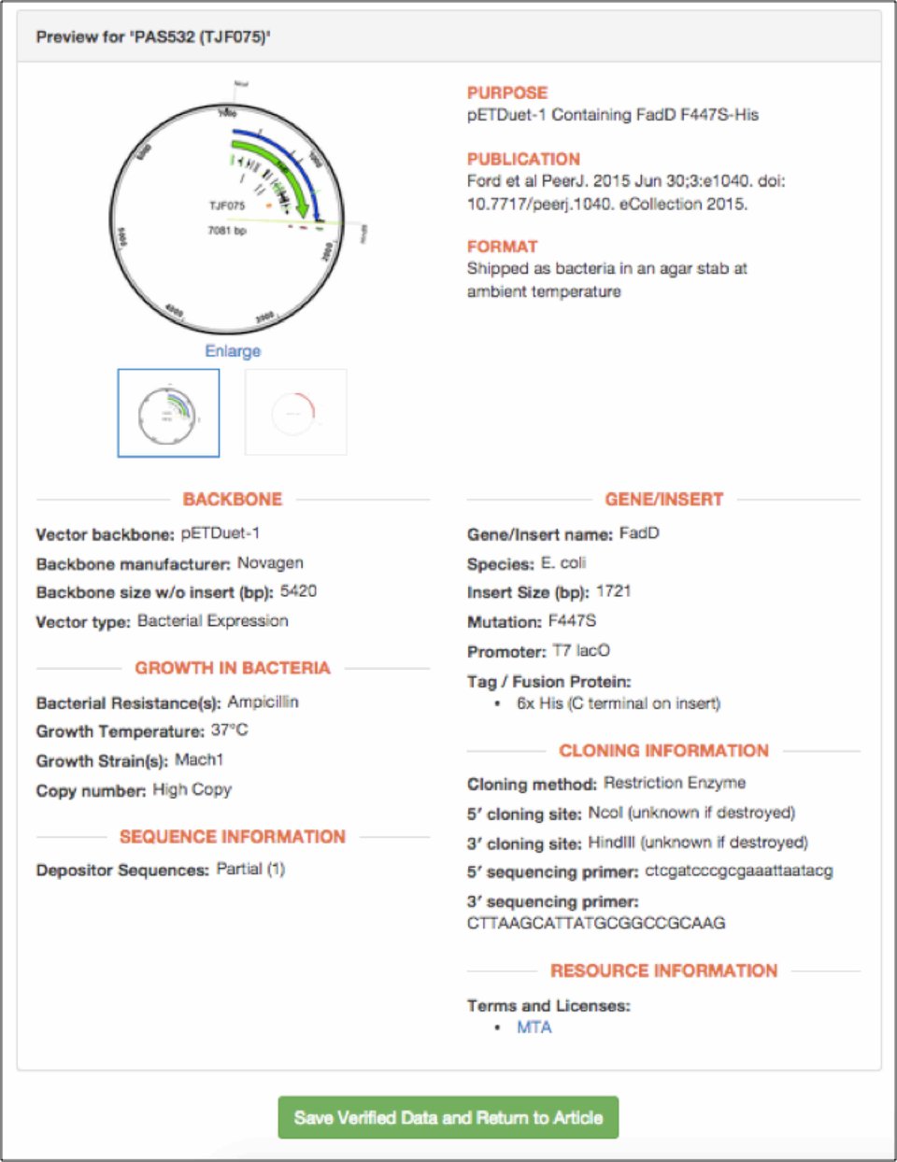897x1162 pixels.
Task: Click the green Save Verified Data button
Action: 448,1117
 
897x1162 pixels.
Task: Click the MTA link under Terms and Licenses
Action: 534,1027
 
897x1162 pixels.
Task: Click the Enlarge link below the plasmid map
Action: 233,350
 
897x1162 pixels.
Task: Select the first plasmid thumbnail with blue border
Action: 168,412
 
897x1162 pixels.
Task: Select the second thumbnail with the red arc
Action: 295,412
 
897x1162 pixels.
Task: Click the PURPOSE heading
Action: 507,92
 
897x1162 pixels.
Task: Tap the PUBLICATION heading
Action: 523,159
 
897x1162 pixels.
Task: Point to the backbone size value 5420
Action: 298,591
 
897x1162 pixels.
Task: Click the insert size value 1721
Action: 613,591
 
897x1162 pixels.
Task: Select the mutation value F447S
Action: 571,621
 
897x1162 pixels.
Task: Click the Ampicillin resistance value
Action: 263,701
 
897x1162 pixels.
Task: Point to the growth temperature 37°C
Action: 229,730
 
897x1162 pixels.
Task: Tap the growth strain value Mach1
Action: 198,759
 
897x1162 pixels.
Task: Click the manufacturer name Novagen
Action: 269,562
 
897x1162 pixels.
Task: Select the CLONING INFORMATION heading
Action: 663,750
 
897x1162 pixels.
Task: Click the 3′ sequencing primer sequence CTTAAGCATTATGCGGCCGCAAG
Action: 596,923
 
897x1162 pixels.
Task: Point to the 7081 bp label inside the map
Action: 227,230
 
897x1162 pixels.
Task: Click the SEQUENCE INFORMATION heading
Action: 232,836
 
